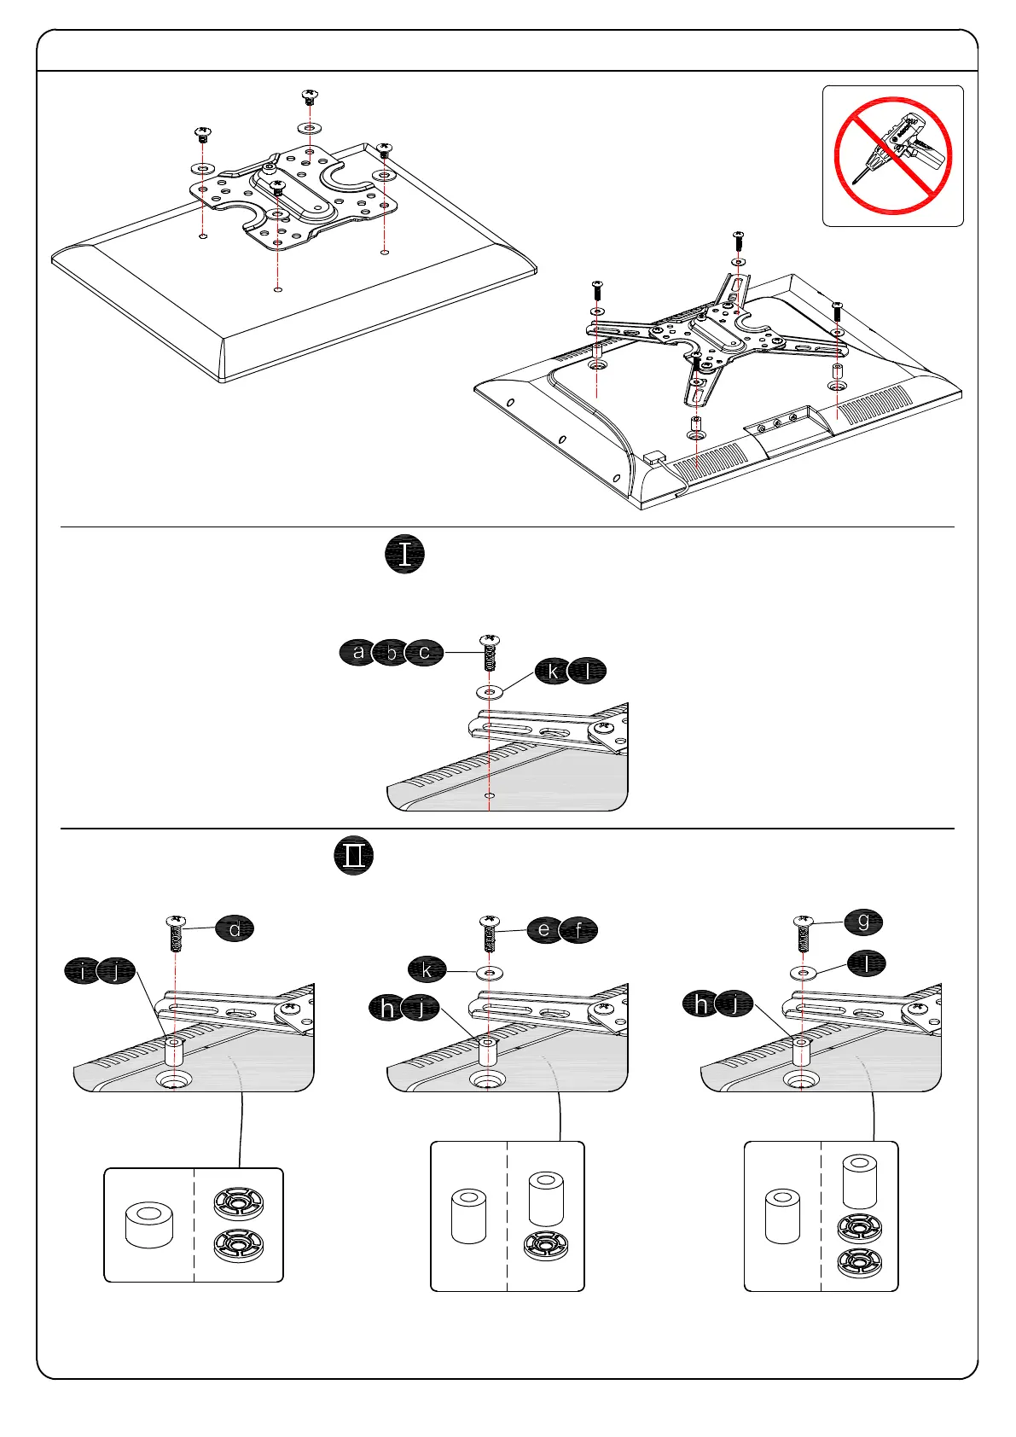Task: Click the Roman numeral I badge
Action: coord(404,555)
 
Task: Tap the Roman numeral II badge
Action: coord(354,856)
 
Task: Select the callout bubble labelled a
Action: coord(359,653)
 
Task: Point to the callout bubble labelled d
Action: coord(235,928)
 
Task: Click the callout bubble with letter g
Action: coord(863,922)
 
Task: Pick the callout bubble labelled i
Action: coord(83,971)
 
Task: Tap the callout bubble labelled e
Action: coord(544,929)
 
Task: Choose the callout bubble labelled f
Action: coord(579,930)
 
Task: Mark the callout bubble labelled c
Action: coord(424,653)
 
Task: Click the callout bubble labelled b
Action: coord(392,653)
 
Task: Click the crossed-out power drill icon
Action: coord(892,155)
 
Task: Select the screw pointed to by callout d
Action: coord(175,934)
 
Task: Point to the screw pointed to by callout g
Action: coord(803,934)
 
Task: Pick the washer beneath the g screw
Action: coord(803,972)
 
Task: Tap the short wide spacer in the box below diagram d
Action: coord(149,1225)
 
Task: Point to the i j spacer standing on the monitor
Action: coord(174,1051)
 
